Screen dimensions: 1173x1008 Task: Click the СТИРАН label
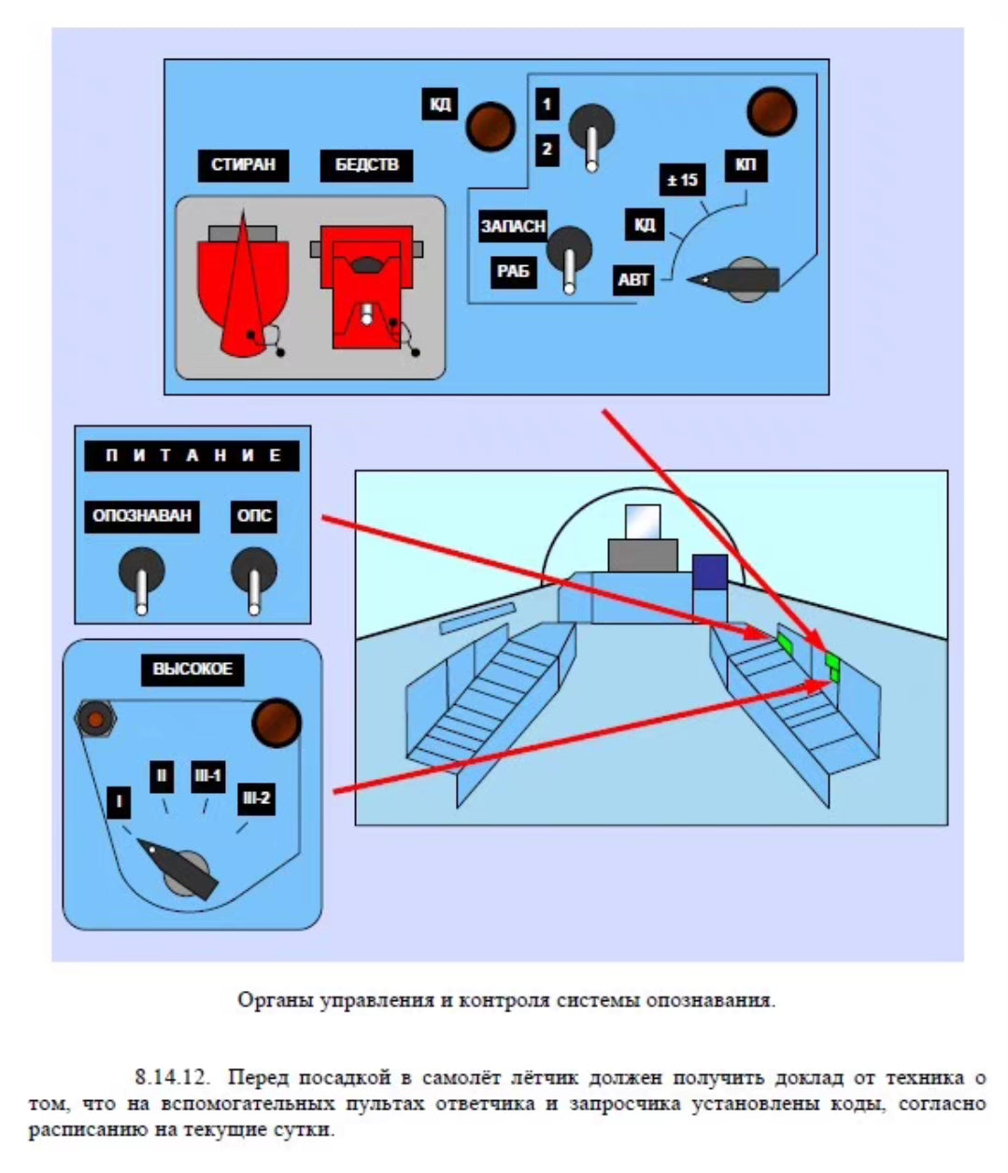tap(243, 165)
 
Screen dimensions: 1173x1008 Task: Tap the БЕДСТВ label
tap(367, 165)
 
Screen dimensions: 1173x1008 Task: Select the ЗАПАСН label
tap(513, 226)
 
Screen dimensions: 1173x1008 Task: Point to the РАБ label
tap(513, 272)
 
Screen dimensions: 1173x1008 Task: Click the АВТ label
tap(633, 279)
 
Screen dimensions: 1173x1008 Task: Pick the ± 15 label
tap(683, 179)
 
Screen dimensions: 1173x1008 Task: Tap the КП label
tap(745, 166)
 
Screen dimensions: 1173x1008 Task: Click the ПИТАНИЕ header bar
tap(192, 456)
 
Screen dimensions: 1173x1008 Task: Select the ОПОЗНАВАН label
tap(142, 516)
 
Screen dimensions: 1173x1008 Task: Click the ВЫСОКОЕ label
tap(192, 669)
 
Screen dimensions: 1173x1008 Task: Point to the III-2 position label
tap(256, 798)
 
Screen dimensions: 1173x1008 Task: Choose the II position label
tap(162, 775)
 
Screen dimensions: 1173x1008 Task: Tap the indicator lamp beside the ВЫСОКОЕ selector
tap(277, 722)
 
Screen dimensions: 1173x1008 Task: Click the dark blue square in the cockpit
tap(710, 572)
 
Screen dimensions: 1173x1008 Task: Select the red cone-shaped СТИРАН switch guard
tap(242, 290)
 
